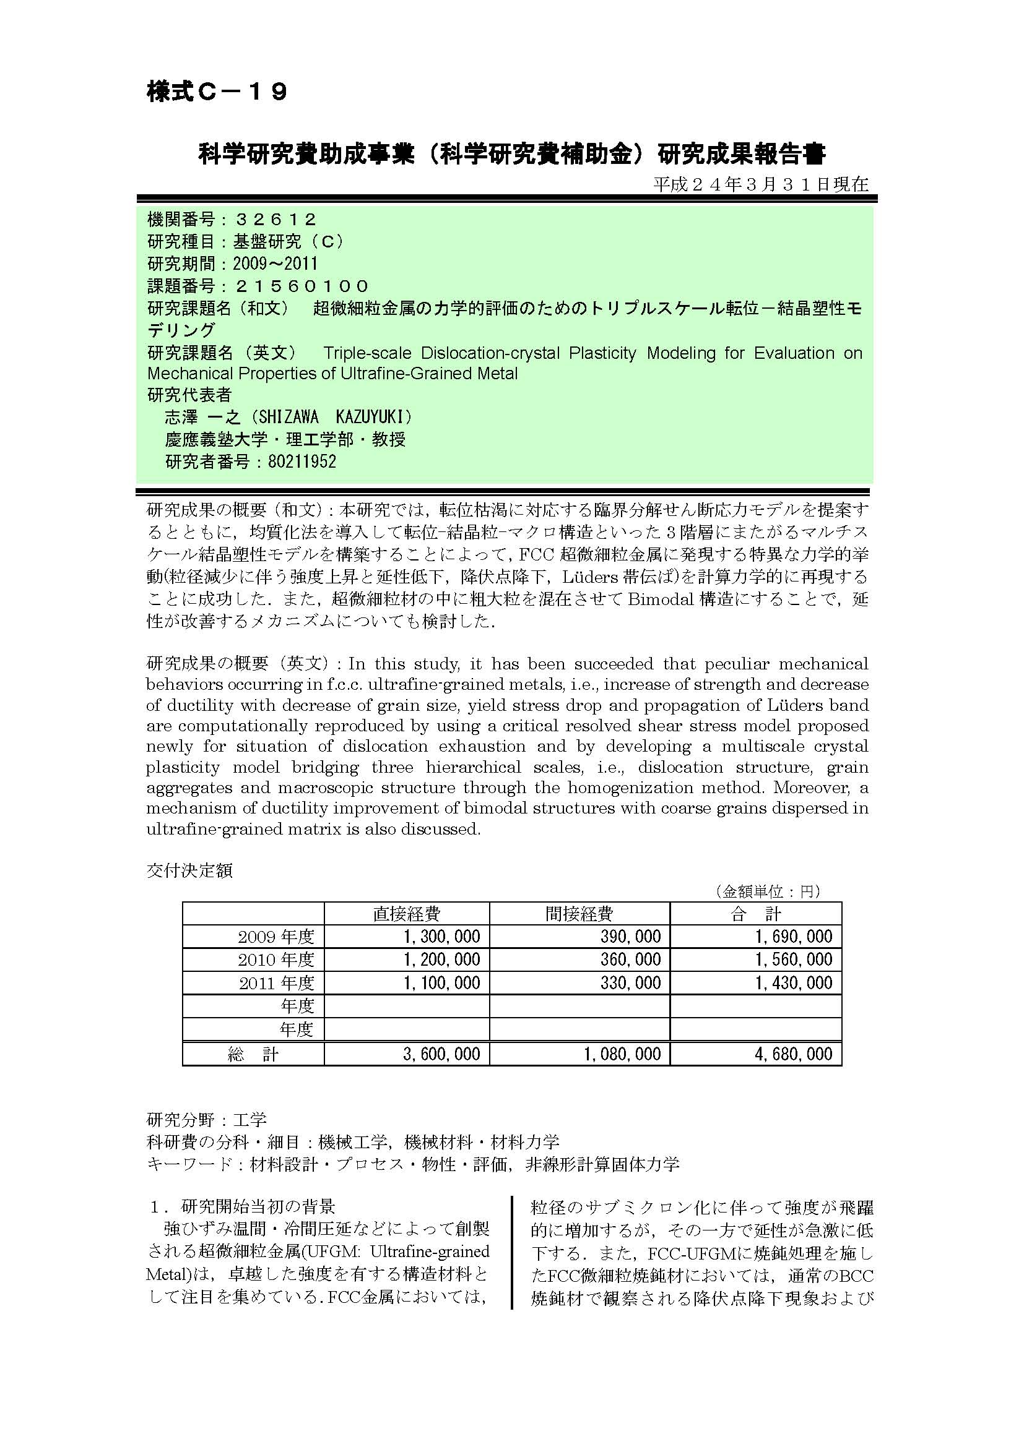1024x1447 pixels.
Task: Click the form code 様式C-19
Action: coord(217,93)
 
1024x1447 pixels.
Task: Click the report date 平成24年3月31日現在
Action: coord(760,184)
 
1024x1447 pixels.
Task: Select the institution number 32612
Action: coord(275,220)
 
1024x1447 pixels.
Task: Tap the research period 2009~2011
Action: coord(275,264)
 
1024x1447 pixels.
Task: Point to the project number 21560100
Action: coord(302,286)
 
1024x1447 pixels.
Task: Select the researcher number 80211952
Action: coord(302,462)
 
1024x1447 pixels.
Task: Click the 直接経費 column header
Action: coord(407,914)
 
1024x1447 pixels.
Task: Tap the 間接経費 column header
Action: coord(579,914)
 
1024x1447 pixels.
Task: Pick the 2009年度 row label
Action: coord(276,937)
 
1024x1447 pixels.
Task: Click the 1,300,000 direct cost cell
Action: coord(441,937)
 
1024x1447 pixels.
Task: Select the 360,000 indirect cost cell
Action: coord(630,960)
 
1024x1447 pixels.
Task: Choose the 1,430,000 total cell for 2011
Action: coord(794,982)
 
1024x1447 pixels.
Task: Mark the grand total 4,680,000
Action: coord(794,1054)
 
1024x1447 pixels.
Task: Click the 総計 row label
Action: coord(253,1054)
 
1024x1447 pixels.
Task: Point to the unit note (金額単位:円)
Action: coord(766,891)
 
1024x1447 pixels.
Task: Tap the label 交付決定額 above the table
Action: coord(190,870)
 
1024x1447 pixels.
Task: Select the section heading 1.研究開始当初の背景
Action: coord(242,1207)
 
